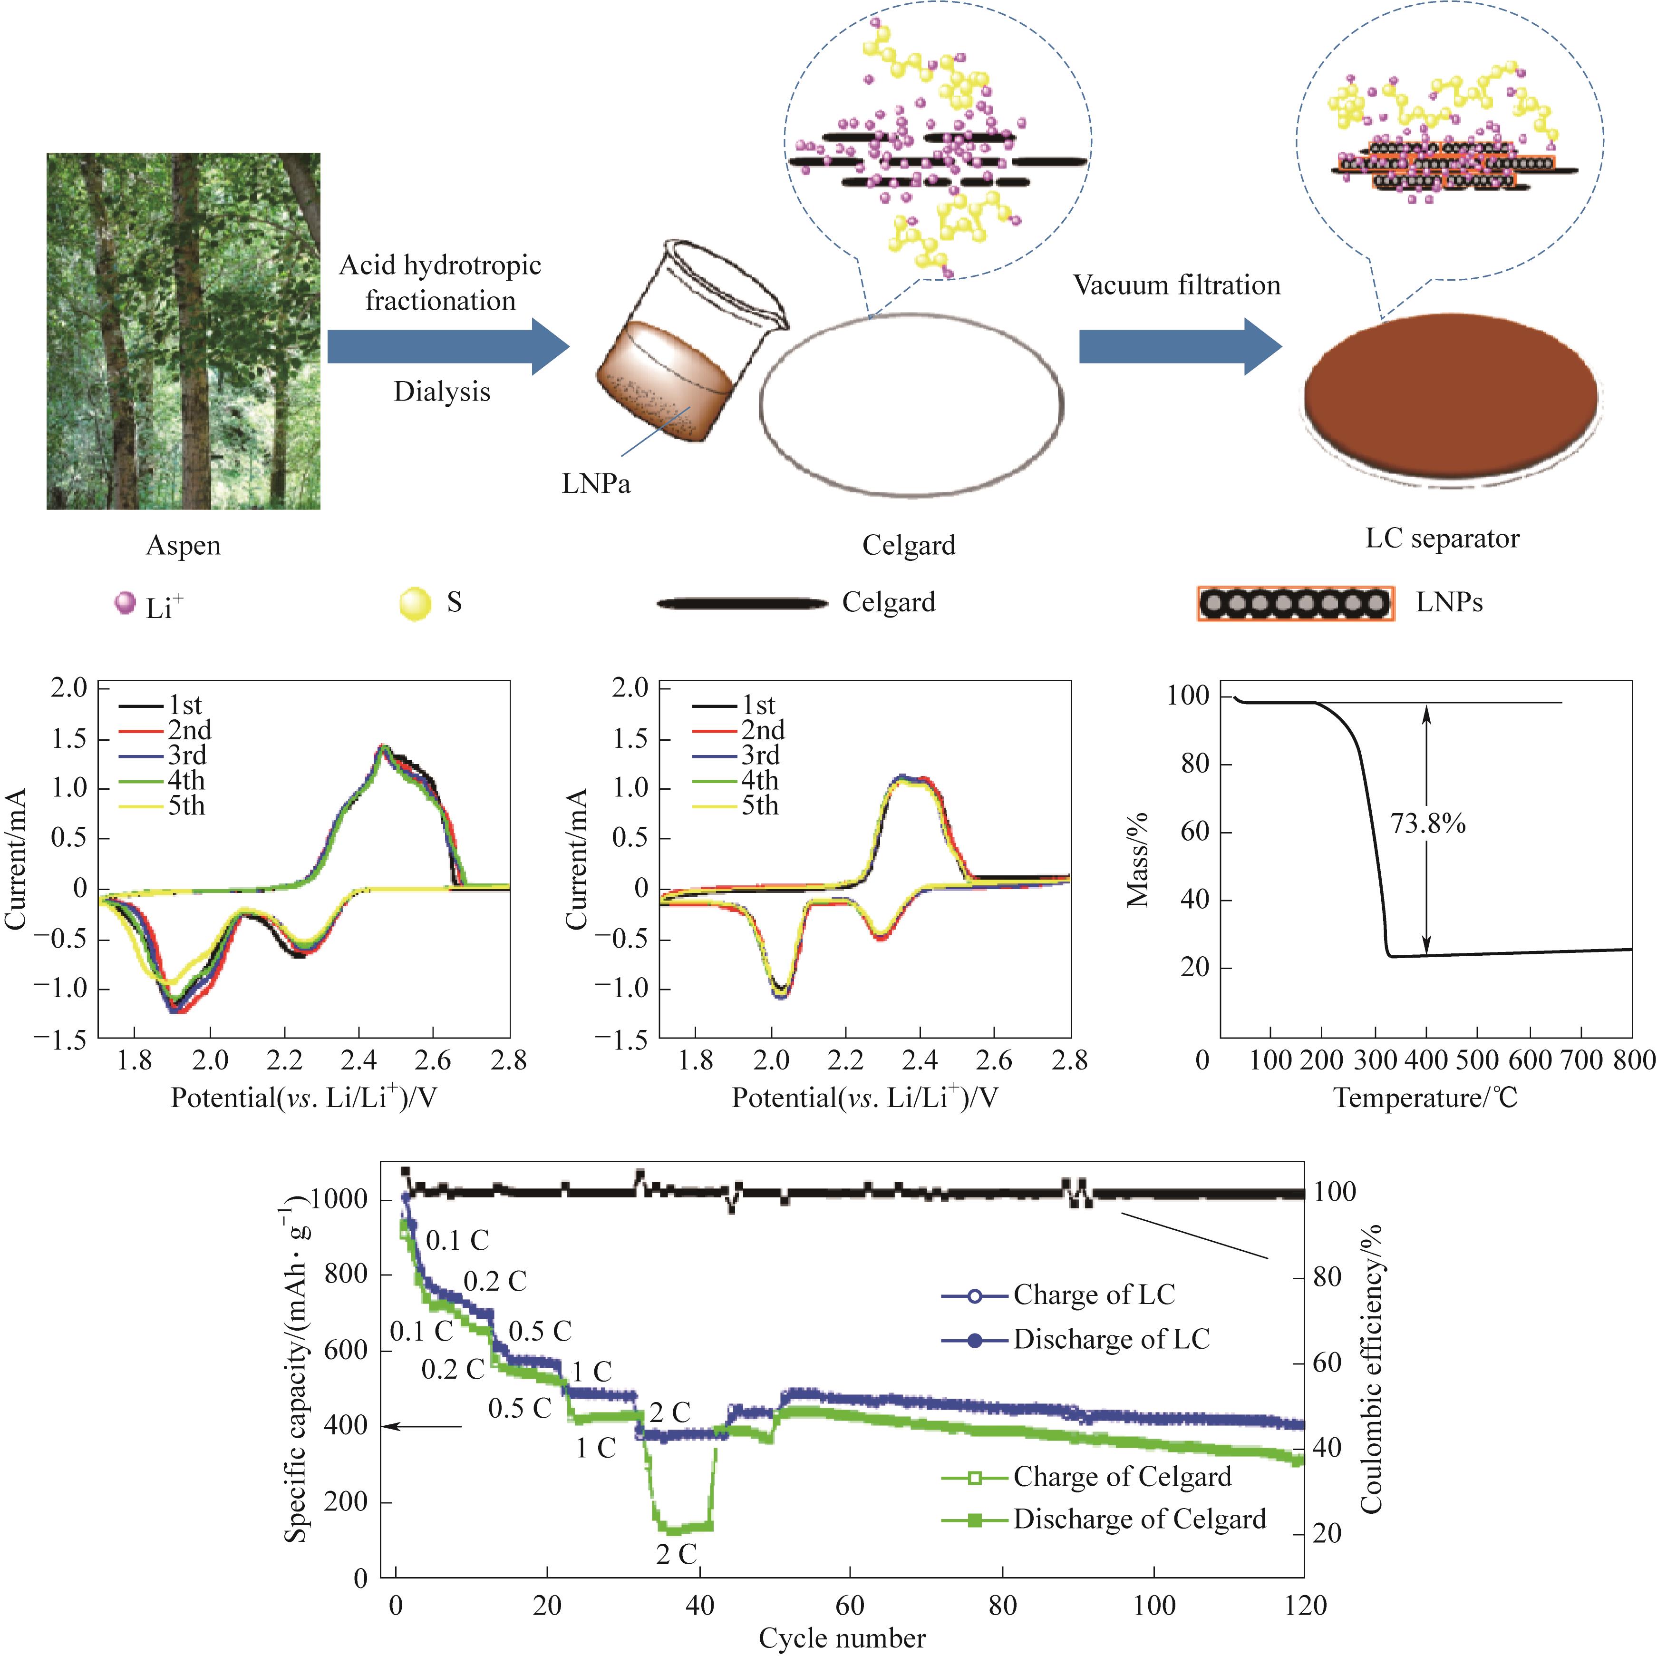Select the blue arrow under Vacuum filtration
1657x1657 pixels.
pos(1179,346)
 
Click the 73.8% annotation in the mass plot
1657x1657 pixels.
pos(1427,824)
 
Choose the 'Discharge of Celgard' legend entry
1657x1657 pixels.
pos(1139,1519)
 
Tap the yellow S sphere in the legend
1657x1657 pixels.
pos(415,603)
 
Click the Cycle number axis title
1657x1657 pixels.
pos(842,1638)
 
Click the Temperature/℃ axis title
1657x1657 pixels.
pos(1425,1098)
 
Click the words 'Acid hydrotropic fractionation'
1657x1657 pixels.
pos(440,282)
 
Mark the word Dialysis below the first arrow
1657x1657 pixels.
pos(442,392)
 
